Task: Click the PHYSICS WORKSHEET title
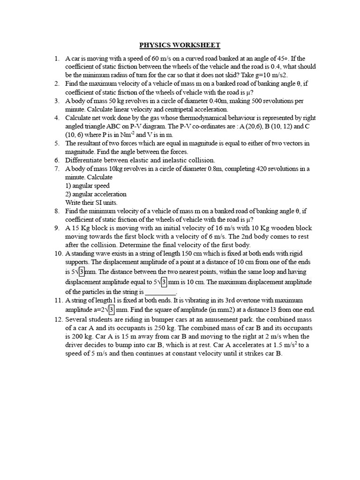point(180,45)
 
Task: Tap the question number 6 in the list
point(56,160)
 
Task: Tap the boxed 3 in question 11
point(112,310)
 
